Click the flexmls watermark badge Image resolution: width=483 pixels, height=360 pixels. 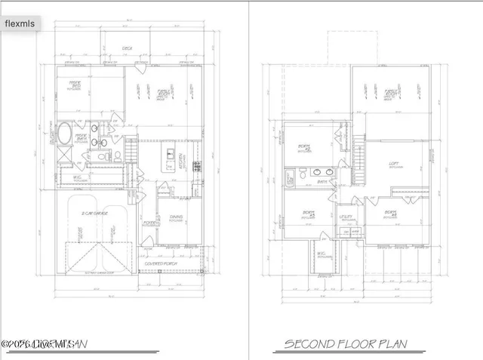(x=22, y=23)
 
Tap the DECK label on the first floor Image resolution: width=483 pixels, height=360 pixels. (x=128, y=49)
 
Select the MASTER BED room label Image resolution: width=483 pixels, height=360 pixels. (x=97, y=85)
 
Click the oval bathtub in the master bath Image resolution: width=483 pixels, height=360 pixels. (x=64, y=137)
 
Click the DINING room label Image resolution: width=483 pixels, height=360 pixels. (x=176, y=218)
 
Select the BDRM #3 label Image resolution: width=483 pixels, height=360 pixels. (x=307, y=214)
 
